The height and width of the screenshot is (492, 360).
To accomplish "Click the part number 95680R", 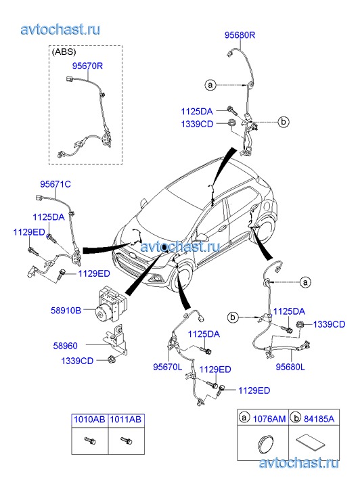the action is [240, 35].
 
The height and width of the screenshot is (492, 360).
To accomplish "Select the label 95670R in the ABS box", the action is [87, 66].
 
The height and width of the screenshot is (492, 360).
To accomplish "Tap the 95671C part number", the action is [55, 184].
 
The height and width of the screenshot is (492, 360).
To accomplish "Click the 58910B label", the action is [66, 311].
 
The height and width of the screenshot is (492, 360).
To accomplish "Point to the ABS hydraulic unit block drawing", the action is [112, 303].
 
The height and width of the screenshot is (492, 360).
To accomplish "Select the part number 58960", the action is [65, 346].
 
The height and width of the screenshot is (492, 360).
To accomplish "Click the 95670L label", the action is [168, 367].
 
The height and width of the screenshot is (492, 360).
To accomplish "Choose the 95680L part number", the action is [290, 367].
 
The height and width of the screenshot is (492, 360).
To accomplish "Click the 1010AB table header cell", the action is [89, 420].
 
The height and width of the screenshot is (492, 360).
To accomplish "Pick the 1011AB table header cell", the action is [126, 420].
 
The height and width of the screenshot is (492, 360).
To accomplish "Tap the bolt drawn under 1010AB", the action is [90, 441].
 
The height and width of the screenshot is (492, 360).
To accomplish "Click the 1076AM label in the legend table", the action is [269, 419].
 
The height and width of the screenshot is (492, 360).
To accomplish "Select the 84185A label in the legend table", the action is [319, 419].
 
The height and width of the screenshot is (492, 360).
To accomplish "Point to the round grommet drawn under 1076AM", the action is [265, 443].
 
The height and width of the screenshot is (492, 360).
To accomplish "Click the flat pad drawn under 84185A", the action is [310, 443].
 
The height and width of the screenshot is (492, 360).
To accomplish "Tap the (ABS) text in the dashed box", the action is [64, 52].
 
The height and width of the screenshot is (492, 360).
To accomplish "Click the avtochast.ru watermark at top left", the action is [61, 29].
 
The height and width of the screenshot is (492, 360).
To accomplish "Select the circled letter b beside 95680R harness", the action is [284, 121].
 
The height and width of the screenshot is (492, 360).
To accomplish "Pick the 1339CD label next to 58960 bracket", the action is [77, 361].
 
